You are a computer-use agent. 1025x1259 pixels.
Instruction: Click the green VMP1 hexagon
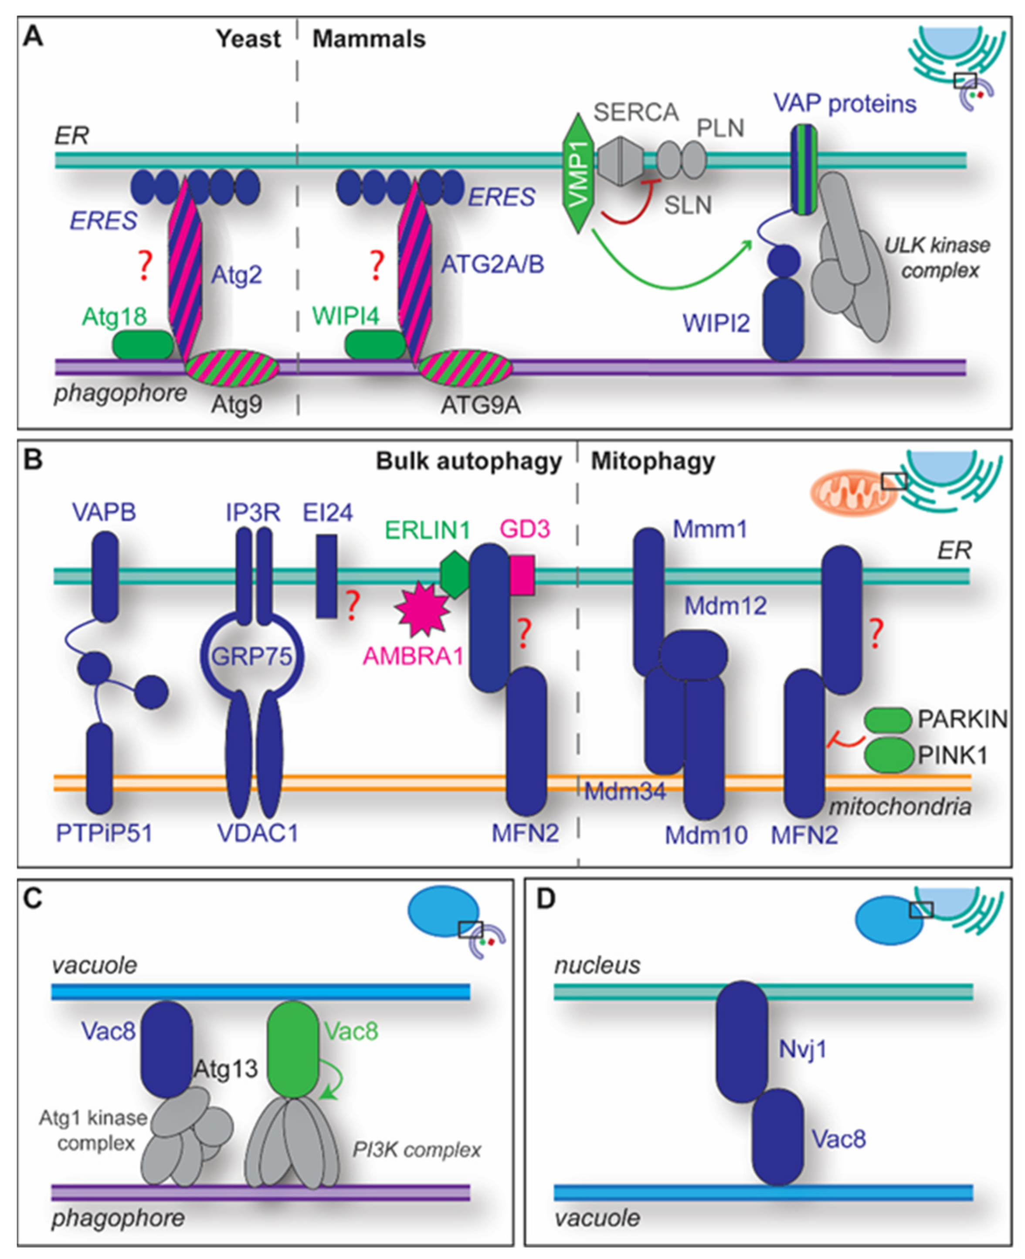tap(579, 174)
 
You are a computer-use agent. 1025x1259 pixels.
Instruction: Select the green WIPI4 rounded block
tap(375, 345)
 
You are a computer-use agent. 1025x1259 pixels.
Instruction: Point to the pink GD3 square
tap(522, 575)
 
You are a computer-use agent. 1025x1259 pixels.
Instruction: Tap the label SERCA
tap(636, 112)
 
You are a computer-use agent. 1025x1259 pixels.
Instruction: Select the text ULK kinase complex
tap(937, 258)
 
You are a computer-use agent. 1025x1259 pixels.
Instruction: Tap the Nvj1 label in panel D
tap(802, 1049)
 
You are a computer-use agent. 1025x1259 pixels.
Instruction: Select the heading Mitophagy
tap(653, 461)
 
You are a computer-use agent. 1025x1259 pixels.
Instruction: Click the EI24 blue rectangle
tap(326, 576)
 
